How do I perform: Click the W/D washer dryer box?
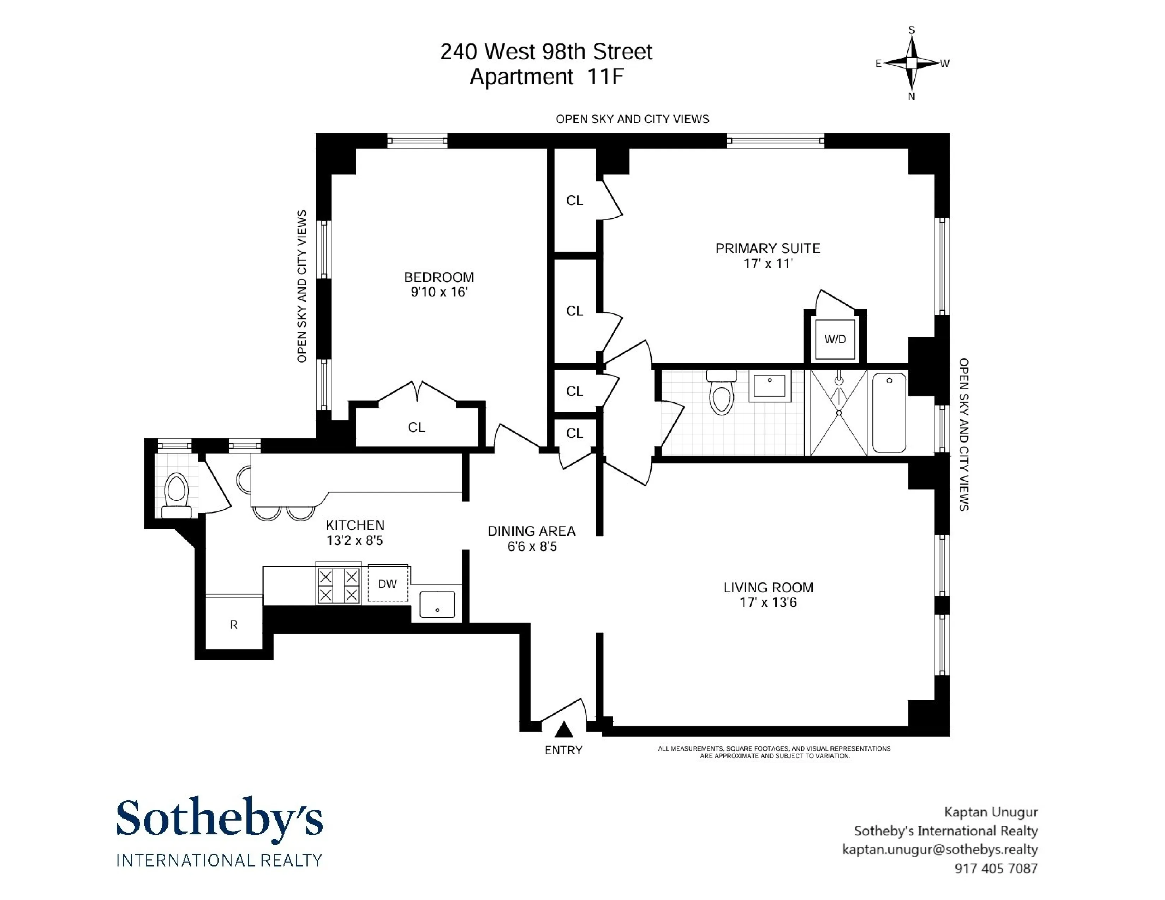click(x=835, y=339)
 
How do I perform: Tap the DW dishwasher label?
click(x=387, y=584)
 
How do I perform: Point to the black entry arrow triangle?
click(x=564, y=730)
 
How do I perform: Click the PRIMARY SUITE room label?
click(x=767, y=248)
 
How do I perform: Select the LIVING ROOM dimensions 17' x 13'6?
click(x=768, y=602)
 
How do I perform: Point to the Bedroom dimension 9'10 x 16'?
click(x=438, y=292)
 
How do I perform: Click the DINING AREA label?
click(x=531, y=531)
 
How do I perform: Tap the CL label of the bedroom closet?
click(x=416, y=428)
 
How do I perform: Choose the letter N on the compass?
click(x=912, y=96)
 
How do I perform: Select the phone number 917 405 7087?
click(x=996, y=869)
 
